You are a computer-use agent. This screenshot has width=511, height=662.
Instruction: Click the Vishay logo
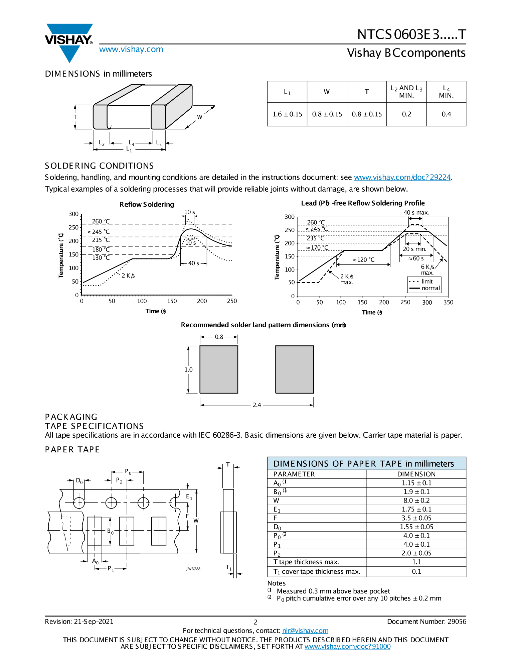(69, 41)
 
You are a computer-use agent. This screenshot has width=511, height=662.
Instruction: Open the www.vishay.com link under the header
(131, 49)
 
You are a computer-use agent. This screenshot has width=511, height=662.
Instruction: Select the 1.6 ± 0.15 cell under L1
(287, 114)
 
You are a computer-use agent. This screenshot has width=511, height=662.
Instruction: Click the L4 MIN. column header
(446, 92)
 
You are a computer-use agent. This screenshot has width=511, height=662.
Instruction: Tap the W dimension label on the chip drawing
(200, 117)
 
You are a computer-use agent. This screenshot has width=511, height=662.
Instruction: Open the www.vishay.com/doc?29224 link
(402, 177)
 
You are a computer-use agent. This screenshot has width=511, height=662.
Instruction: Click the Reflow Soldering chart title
(147, 204)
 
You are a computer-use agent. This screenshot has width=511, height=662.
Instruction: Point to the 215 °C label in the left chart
(101, 240)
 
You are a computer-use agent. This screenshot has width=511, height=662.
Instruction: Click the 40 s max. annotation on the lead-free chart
(416, 212)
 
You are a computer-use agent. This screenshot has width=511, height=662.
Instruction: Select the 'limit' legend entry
(427, 282)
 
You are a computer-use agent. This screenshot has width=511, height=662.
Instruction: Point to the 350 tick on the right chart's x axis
(448, 302)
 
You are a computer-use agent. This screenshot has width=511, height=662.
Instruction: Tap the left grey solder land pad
(219, 369)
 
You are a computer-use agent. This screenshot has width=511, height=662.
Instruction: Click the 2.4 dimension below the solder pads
(257, 405)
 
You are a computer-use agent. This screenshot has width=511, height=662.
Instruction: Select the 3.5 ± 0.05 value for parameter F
(416, 518)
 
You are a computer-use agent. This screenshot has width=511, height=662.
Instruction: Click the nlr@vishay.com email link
(305, 631)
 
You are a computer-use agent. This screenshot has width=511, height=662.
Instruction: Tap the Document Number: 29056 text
(427, 622)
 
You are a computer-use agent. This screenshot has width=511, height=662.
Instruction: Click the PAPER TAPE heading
(72, 450)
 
